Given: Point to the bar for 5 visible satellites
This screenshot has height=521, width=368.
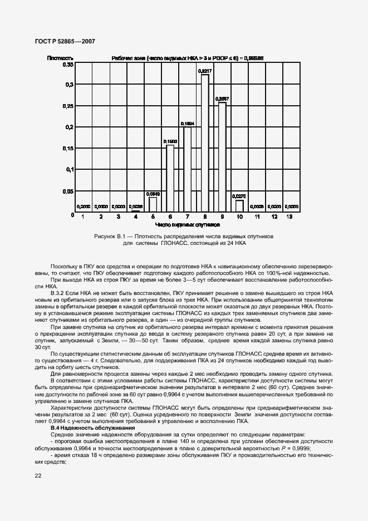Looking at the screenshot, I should [153, 205].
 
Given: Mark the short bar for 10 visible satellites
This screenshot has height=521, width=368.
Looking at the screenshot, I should [239, 207].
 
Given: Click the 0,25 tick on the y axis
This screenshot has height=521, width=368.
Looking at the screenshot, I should [67, 106].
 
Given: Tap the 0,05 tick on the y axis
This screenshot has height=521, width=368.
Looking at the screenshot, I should [67, 191].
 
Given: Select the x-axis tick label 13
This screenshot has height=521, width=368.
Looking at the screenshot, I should [291, 217].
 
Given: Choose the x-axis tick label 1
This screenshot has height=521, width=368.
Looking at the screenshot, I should [84, 217].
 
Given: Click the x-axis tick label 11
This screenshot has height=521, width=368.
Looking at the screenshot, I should [257, 217].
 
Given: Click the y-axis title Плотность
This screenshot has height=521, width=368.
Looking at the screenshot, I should [60, 57].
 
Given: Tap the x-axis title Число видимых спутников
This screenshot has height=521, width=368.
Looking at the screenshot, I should [187, 225].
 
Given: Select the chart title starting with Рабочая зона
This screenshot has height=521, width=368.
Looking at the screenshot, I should [187, 57].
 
